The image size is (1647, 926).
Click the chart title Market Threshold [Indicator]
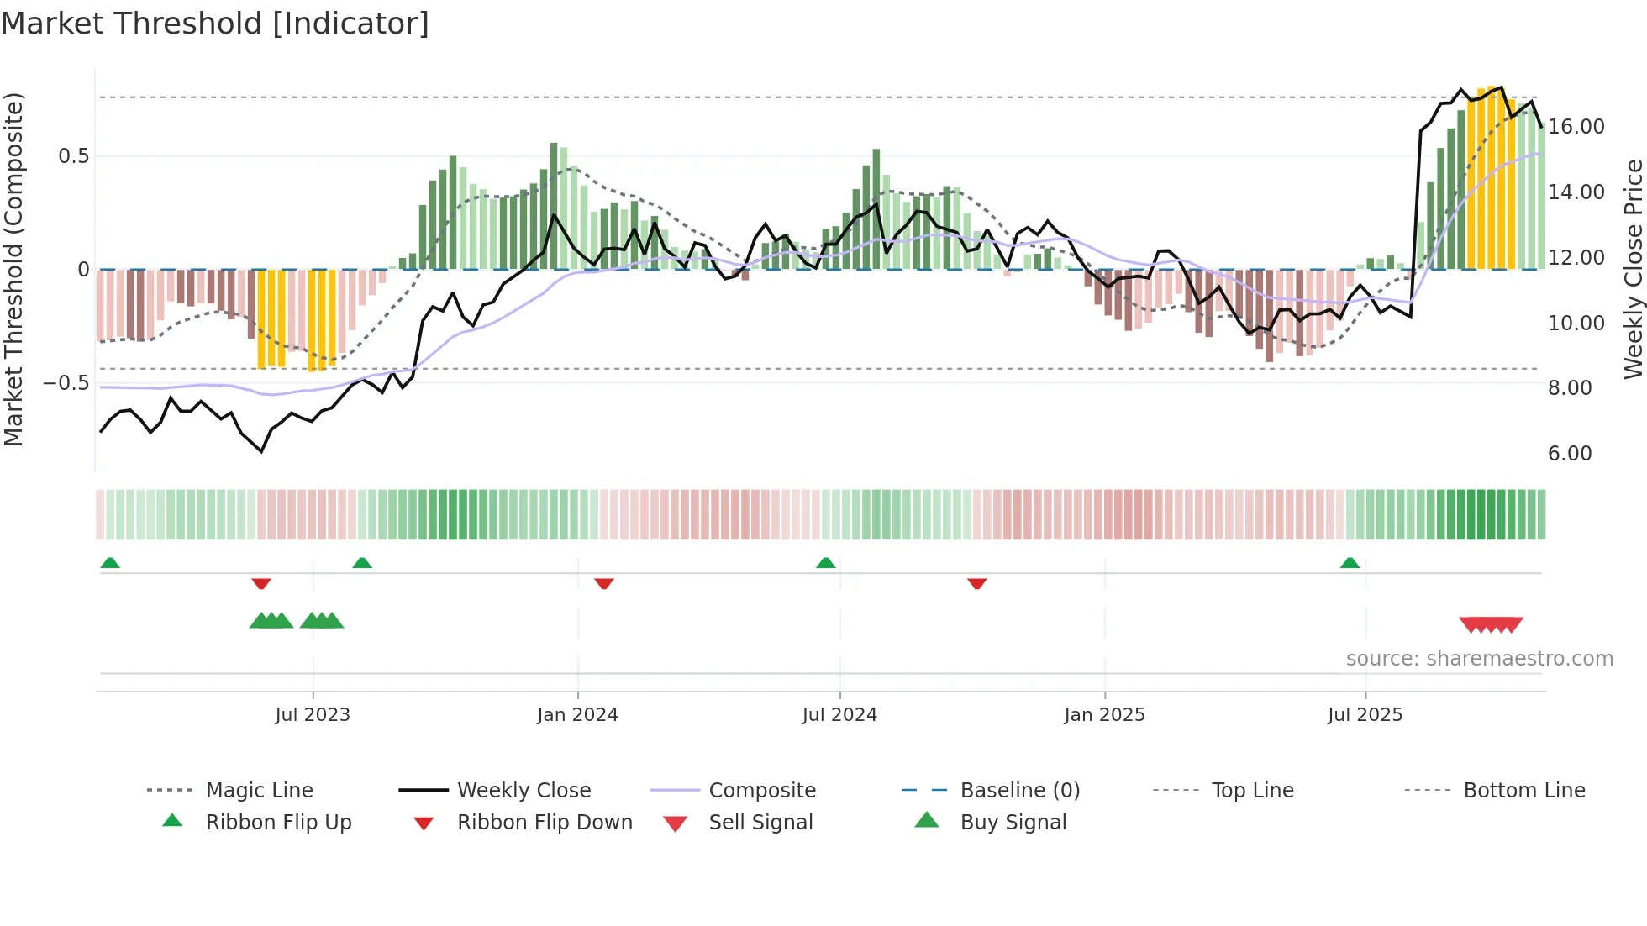(215, 24)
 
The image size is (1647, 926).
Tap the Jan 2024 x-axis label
(577, 715)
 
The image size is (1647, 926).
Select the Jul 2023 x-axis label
(313, 715)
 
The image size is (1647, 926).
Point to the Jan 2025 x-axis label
(1104, 715)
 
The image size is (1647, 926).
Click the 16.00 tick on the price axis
(1576, 127)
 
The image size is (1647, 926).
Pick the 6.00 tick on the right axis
(1570, 454)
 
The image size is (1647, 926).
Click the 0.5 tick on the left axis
(74, 156)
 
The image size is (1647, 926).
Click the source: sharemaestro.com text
(1479, 659)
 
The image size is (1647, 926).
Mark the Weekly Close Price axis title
(1633, 269)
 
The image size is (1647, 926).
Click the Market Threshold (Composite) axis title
(13, 269)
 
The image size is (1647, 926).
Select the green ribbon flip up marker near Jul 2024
(826, 562)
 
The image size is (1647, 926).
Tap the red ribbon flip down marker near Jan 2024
(604, 583)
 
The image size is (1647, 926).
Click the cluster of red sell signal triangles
(1491, 624)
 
